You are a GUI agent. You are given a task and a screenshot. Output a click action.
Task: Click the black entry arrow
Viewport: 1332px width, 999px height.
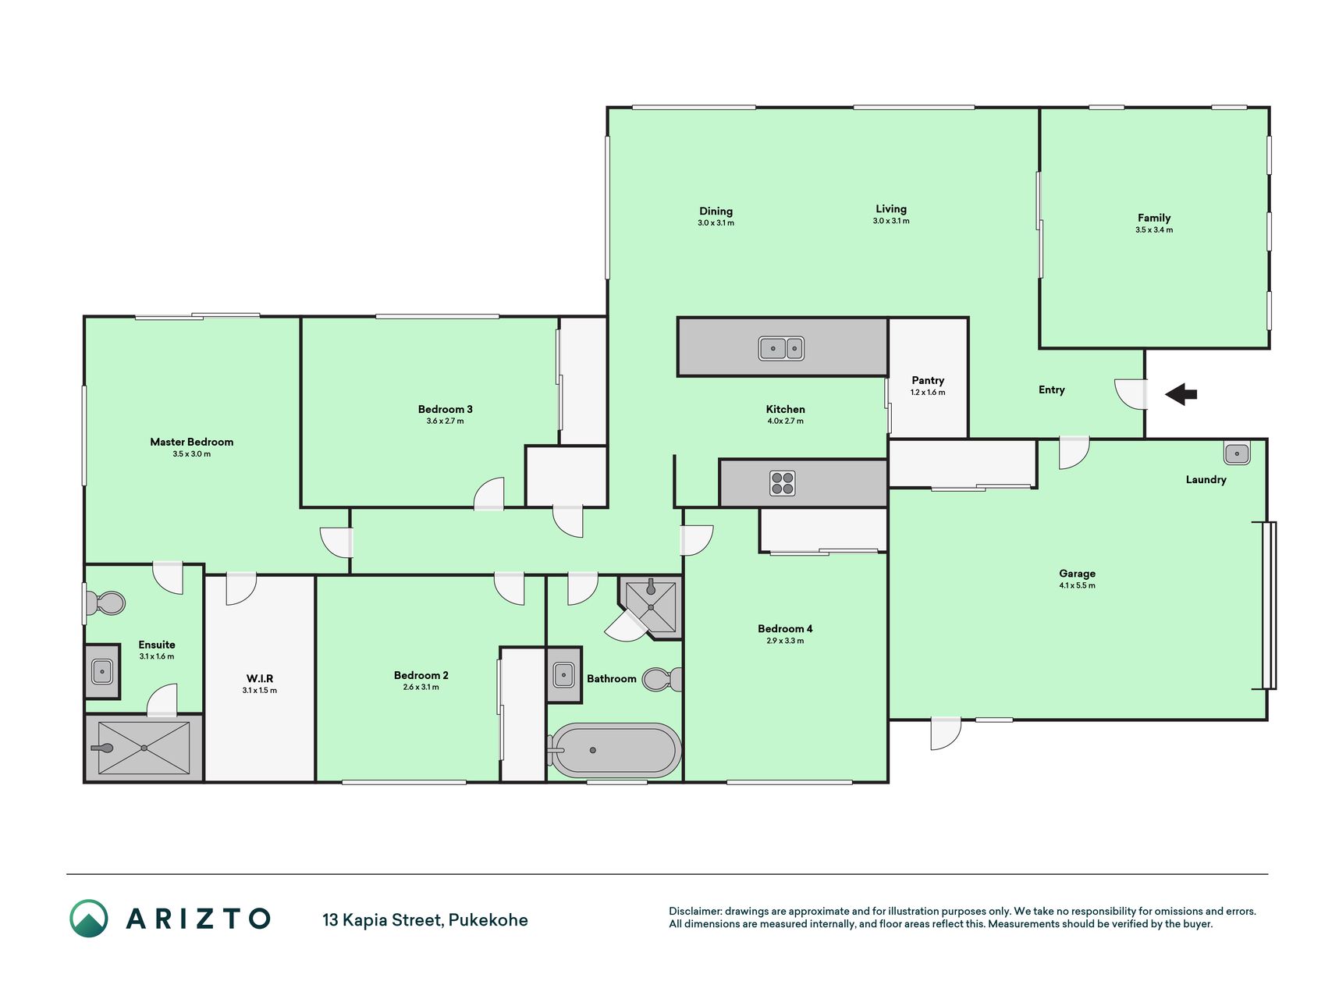1181,394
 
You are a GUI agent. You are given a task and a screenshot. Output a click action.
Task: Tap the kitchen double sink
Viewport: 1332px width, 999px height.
781,348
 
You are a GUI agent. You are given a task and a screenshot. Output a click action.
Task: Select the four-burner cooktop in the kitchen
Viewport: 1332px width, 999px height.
782,483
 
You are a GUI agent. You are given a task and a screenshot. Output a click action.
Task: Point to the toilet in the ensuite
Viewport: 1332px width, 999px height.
105,603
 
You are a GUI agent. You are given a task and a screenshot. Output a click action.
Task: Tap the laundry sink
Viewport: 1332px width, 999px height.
1237,453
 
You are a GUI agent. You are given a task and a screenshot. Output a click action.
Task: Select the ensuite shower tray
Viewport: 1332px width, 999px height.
144,748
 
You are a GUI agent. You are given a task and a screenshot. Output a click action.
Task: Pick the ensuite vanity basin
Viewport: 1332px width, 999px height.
102,671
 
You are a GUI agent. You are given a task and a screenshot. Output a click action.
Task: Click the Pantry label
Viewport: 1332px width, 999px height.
928,380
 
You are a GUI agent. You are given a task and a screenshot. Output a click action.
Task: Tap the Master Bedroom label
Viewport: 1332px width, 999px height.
191,442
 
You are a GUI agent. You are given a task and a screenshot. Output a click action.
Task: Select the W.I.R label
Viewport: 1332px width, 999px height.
260,678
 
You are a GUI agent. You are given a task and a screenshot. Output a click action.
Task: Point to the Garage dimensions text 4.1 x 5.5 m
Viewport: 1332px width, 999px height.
1077,585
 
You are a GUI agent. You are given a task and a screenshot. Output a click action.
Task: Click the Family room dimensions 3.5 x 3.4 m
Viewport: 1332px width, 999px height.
1154,230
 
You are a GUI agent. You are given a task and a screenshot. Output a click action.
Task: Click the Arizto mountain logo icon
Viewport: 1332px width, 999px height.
89,919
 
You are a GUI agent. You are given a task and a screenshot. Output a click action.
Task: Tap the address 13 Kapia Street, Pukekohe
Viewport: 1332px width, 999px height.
425,920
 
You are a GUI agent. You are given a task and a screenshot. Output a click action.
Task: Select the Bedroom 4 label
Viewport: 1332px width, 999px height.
785,628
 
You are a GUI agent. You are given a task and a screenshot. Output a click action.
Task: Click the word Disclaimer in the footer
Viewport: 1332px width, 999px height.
694,911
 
